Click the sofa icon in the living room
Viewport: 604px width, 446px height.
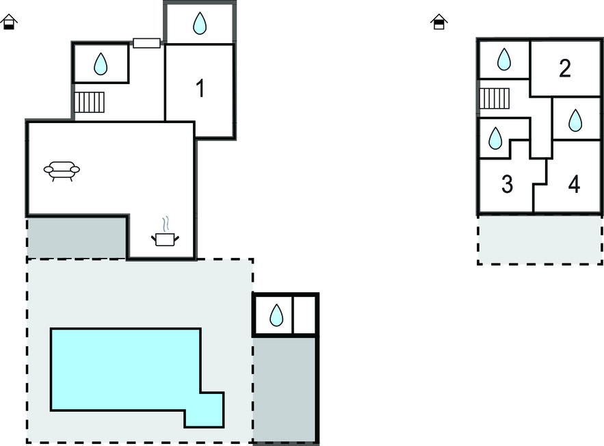pyautogui.click(x=62, y=170)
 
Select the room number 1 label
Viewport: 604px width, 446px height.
pyautogui.click(x=200, y=89)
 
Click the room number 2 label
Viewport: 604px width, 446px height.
pyautogui.click(x=564, y=68)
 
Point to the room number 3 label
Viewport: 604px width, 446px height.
pyautogui.click(x=507, y=184)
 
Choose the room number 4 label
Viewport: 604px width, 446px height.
pyautogui.click(x=574, y=184)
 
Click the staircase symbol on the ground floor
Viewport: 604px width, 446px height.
pyautogui.click(x=89, y=102)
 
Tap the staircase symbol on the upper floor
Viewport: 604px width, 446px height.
pyautogui.click(x=495, y=99)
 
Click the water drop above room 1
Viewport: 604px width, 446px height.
pyautogui.click(x=200, y=25)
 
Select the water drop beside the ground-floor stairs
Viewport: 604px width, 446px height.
pyautogui.click(x=101, y=64)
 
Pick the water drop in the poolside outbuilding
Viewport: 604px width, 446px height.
pyautogui.click(x=276, y=315)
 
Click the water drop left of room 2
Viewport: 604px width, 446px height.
pyautogui.click(x=503, y=60)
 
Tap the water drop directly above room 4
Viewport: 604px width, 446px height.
pyautogui.click(x=575, y=121)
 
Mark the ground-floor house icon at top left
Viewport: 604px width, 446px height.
pyautogui.click(x=9, y=23)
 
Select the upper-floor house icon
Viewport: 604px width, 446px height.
pyautogui.click(x=438, y=23)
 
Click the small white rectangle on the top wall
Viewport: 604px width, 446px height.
pyautogui.click(x=146, y=43)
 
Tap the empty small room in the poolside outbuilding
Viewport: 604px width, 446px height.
pyautogui.click(x=304, y=315)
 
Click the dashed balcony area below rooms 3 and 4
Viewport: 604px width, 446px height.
pyautogui.click(x=540, y=239)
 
